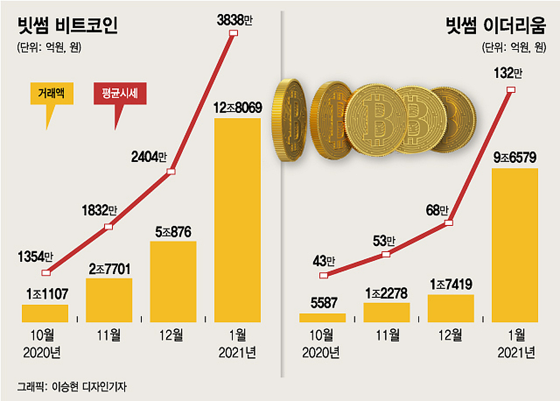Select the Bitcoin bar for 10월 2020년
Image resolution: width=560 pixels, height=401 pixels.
[x=45, y=313]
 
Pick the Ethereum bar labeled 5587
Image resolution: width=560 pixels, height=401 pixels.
[x=322, y=317]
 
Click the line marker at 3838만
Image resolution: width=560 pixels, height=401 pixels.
[x=234, y=33]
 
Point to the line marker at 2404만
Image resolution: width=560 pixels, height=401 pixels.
[x=171, y=172]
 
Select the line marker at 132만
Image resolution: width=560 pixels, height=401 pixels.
[x=511, y=90]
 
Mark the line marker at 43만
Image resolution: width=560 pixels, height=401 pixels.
[x=323, y=275]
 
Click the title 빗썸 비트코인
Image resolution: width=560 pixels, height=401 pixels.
[x=67, y=26]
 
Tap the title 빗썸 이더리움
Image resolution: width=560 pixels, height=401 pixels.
[x=494, y=26]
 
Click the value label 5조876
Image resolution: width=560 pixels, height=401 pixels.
[x=173, y=232]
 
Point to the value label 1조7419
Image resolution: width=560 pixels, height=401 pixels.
[x=450, y=284]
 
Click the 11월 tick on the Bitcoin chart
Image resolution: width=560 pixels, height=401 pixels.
[x=109, y=335]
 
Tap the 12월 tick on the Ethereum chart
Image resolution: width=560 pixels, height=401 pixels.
[x=450, y=335]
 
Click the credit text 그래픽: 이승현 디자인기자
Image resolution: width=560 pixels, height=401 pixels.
[x=72, y=387]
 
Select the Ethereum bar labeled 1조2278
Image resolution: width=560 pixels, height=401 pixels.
[x=386, y=312]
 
